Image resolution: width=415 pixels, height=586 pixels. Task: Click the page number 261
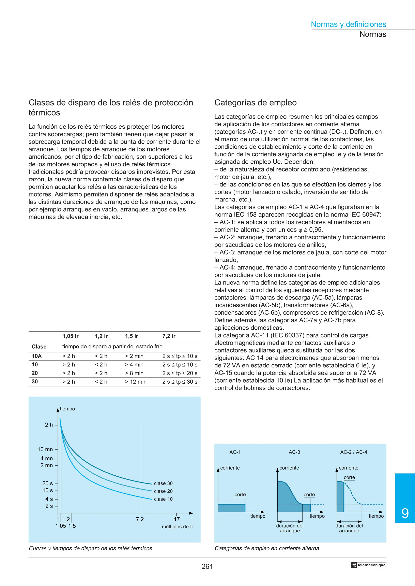pos(207,567)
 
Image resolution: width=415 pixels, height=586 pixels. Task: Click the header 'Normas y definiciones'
pos(348,24)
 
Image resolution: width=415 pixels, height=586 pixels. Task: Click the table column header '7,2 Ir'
pos(169,336)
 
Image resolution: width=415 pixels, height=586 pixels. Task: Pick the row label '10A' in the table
pos(36,356)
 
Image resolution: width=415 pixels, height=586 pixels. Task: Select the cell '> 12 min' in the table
pos(136,382)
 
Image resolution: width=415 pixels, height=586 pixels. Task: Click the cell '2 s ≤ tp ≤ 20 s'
pos(180,373)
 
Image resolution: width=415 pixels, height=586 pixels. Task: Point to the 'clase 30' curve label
pos(163,483)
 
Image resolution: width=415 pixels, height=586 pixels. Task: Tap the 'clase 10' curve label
pos(163,499)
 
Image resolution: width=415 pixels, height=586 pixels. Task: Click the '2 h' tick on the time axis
pos(49,425)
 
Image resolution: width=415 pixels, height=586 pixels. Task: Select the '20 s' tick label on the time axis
pos(48,483)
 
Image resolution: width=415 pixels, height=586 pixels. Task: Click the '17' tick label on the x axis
pos(177,519)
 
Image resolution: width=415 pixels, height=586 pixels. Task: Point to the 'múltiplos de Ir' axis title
pos(178,527)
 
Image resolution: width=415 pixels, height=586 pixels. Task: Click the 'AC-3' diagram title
pos(294,452)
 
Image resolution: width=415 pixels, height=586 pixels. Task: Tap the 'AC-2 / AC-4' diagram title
pos(353,452)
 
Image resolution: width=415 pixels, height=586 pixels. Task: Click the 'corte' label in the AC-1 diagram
pos(240,494)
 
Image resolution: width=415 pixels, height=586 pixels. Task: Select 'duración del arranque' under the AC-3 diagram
pos(290,528)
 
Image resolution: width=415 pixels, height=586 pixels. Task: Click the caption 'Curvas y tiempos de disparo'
pos(91,548)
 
